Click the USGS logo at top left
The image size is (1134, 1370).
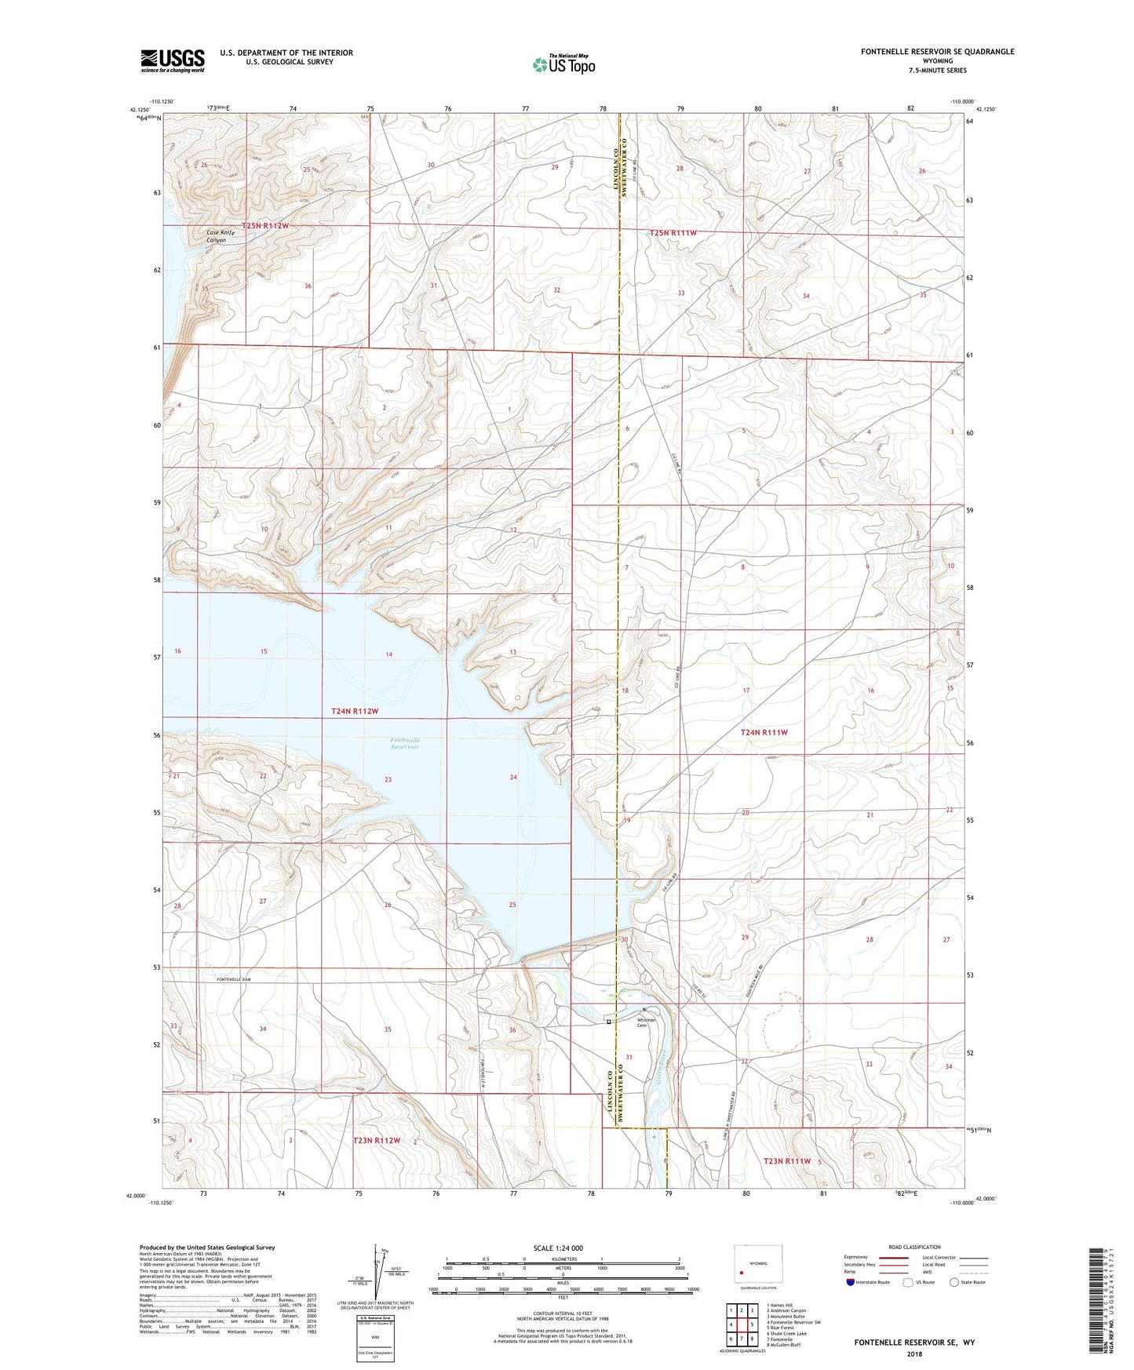[x=173, y=60]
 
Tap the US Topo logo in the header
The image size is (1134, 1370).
[x=563, y=64]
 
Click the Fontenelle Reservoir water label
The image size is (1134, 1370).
[x=405, y=743]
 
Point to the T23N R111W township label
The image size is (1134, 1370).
[x=787, y=1161]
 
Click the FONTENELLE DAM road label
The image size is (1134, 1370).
[x=233, y=980]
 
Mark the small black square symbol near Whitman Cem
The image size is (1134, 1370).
[x=608, y=1022]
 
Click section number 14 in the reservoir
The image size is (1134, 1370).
[x=388, y=654]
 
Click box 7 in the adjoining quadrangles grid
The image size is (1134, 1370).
[x=730, y=1339]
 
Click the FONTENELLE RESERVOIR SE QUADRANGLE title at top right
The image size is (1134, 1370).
[x=937, y=52]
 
